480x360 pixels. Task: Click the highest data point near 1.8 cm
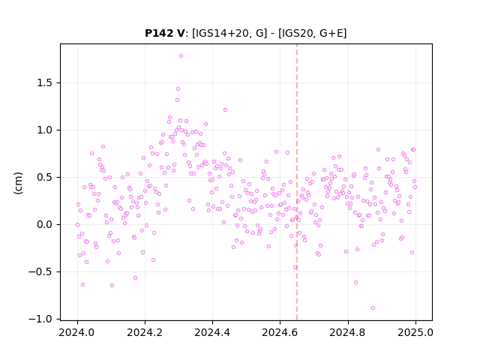coord(181,56)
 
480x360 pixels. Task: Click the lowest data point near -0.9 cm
coord(373,308)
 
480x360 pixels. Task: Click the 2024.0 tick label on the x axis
coord(77,332)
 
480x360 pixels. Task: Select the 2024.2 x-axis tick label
coord(145,332)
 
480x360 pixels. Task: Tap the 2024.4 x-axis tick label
coord(212,332)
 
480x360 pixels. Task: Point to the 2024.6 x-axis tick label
coord(280,332)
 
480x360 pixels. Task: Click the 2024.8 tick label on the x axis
coord(347,332)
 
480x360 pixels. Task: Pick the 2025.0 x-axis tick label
coord(415,332)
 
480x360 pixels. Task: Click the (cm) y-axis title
coord(18,183)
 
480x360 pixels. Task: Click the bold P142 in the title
coord(159,33)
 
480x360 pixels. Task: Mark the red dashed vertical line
coord(297,182)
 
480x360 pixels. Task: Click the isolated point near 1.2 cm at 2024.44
coord(225,110)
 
